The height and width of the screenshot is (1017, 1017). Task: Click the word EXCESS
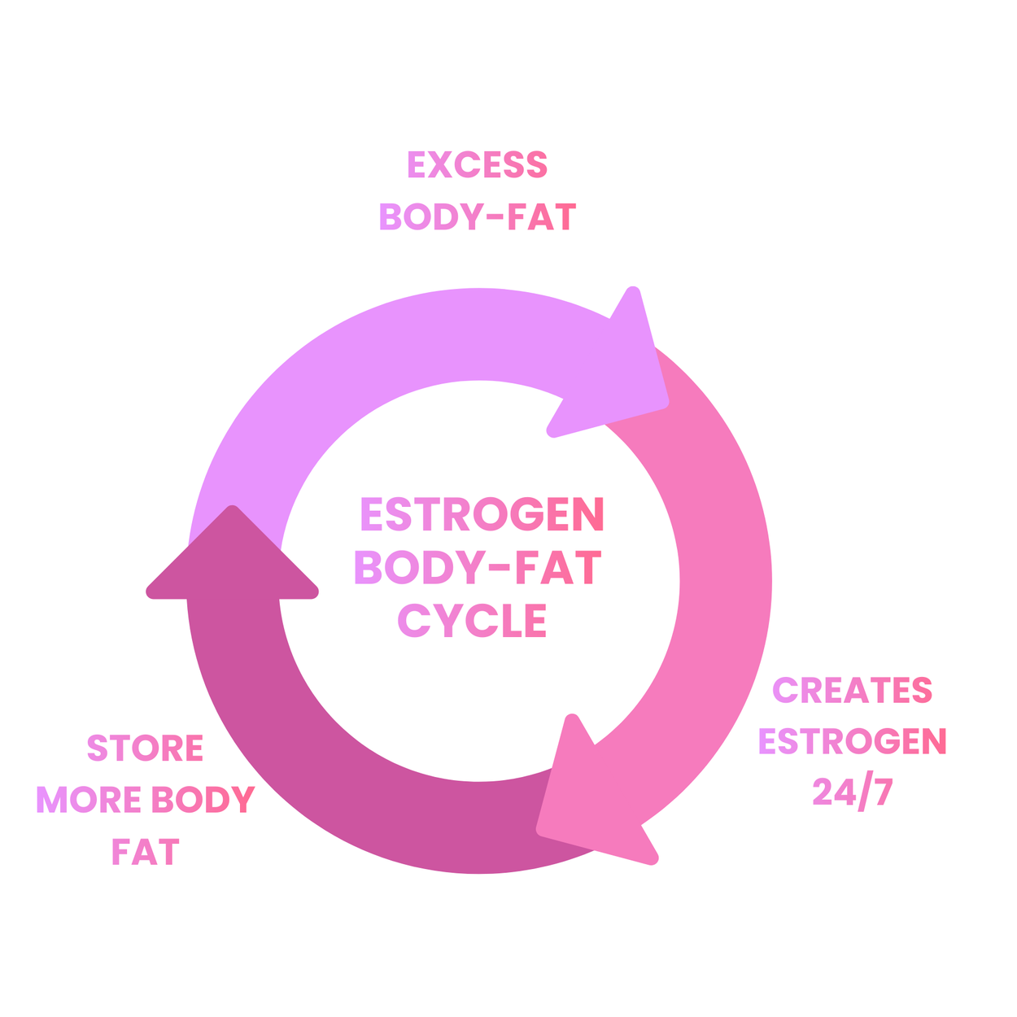tap(478, 165)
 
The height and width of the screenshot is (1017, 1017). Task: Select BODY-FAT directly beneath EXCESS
tap(478, 217)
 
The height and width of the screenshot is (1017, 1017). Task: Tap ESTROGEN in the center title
tap(482, 515)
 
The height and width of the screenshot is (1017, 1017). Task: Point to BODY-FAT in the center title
tap(478, 568)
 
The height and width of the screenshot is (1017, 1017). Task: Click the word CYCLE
tap(472, 622)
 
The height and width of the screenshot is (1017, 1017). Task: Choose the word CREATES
tap(852, 691)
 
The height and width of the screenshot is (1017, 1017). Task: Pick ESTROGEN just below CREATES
tap(852, 741)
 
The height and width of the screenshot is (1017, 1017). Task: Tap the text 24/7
tap(852, 792)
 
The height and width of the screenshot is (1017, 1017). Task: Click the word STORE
tap(145, 749)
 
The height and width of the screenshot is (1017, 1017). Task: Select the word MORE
tap(89, 801)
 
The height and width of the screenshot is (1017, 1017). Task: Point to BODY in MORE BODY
tap(203, 801)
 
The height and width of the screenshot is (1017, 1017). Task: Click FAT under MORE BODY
tap(145, 853)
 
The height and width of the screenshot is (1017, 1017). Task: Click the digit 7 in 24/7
tap(880, 792)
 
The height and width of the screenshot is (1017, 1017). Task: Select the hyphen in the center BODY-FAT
tap(504, 569)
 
